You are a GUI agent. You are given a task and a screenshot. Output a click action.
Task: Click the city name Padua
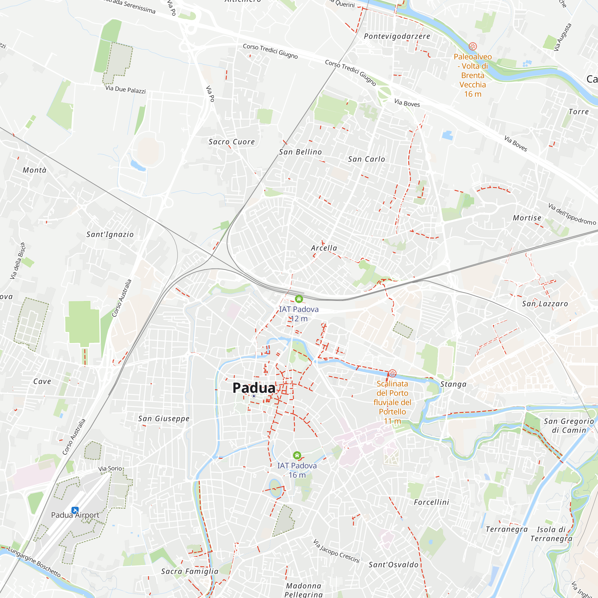pyautogui.click(x=254, y=388)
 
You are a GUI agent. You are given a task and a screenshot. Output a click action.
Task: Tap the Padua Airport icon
pyautogui.click(x=75, y=510)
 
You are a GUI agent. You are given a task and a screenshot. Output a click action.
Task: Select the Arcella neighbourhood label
pyautogui.click(x=324, y=248)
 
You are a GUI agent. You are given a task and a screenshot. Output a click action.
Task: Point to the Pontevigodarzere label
pyautogui.click(x=397, y=36)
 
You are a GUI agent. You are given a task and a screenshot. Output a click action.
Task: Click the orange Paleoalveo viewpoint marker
pyautogui.click(x=473, y=46)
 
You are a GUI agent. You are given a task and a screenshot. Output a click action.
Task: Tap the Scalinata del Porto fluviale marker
pyautogui.click(x=392, y=373)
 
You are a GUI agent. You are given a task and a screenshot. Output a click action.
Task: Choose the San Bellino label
pyautogui.click(x=300, y=152)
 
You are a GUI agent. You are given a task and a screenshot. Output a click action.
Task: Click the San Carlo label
pyautogui.click(x=367, y=159)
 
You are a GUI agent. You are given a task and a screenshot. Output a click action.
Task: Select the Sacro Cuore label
pyautogui.click(x=231, y=142)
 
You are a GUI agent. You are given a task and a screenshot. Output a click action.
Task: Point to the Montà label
pyautogui.click(x=34, y=170)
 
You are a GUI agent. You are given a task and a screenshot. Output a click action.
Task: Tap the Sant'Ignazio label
pyautogui.click(x=110, y=234)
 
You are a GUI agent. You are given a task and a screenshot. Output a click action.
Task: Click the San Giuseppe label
pyautogui.click(x=164, y=419)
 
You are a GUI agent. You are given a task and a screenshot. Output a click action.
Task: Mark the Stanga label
pyautogui.click(x=453, y=384)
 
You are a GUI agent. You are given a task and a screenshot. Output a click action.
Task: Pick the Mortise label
pyautogui.click(x=527, y=218)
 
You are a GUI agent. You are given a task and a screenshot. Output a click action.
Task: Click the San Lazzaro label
pyautogui.click(x=545, y=304)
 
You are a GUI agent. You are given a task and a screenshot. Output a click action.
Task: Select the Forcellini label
pyautogui.click(x=431, y=502)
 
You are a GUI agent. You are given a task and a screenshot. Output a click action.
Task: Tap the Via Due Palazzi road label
pyautogui.click(x=125, y=89)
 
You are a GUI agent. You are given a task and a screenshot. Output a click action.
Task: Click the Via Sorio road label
pyautogui.click(x=110, y=469)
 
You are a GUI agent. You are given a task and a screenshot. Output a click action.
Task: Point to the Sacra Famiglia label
pyautogui.click(x=190, y=571)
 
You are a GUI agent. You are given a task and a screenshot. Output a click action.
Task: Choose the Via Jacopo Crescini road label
pyautogui.click(x=336, y=551)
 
